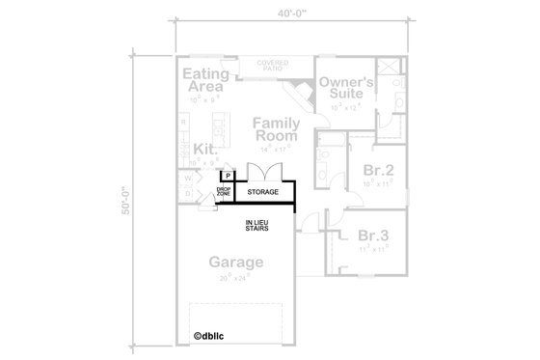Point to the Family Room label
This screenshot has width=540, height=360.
pyautogui.click(x=277, y=130)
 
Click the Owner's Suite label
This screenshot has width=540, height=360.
pyautogui.click(x=347, y=90)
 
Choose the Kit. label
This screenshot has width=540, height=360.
pyautogui.click(x=204, y=150)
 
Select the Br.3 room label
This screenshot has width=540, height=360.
pyautogui.click(x=372, y=235)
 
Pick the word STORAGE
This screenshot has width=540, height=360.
pyautogui.click(x=262, y=193)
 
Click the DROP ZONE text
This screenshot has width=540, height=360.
pyautogui.click(x=223, y=193)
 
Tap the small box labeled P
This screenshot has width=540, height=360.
pyautogui.click(x=229, y=176)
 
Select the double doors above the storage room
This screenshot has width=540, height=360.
pyautogui.click(x=263, y=172)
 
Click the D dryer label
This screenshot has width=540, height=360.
pyautogui.click(x=187, y=193)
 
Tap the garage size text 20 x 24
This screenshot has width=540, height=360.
pyautogui.click(x=235, y=276)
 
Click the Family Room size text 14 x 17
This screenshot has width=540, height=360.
pyautogui.click(x=276, y=149)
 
